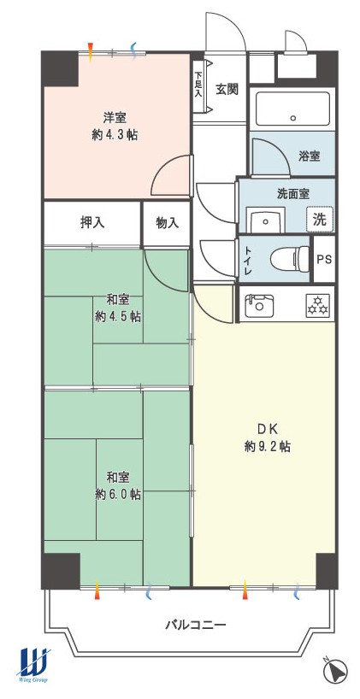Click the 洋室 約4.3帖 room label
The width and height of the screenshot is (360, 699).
tap(115, 126)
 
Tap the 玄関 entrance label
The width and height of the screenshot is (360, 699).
tap(227, 90)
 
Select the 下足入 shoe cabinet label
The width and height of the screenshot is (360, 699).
tap(198, 85)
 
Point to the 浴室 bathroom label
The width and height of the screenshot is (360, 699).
tap(310, 156)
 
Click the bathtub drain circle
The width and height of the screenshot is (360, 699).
tap(293, 118)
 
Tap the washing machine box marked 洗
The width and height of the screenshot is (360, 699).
tap(320, 220)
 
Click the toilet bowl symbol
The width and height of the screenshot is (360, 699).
tap(290, 259)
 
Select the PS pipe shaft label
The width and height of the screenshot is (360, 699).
tap(324, 260)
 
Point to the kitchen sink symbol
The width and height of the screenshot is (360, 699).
tap(259, 304)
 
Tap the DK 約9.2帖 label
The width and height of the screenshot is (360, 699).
tap(268, 438)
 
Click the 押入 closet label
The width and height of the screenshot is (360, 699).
tap(93, 223)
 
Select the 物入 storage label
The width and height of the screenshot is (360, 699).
tap(168, 223)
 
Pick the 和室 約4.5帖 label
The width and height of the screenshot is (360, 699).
tap(118, 308)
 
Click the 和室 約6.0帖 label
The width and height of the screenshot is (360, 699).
tap(118, 486)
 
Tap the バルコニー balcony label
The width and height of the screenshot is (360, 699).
tap(196, 625)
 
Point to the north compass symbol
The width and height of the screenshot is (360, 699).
tap(336, 669)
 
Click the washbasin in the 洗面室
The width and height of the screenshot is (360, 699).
tap(267, 220)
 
